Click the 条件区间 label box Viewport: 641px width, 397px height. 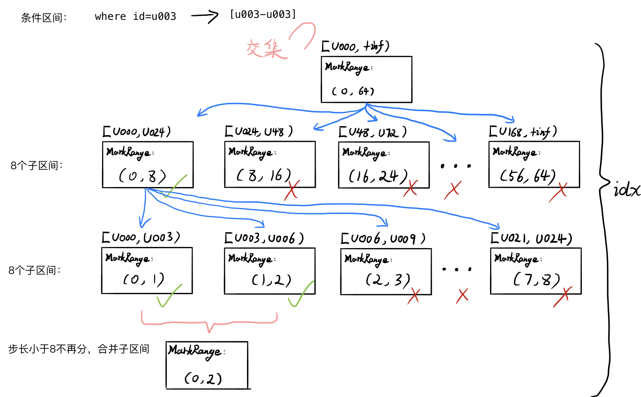click(47, 18)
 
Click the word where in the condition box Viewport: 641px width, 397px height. click(110, 16)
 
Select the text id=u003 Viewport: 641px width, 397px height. click(154, 16)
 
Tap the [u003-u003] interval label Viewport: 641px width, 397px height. click(263, 14)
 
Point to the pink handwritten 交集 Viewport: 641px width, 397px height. click(265, 49)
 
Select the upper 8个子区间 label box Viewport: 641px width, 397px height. click(40, 166)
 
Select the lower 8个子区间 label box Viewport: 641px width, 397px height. click(37, 270)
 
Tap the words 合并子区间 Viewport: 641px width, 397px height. click(124, 349)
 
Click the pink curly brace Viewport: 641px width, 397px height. click(209, 322)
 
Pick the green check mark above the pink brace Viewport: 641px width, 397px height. click(169, 296)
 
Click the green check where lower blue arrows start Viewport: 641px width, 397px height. click(174, 186)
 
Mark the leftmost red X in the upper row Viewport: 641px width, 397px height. click(292, 190)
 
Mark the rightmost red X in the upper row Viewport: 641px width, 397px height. click(558, 192)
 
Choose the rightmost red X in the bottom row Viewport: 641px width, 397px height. click(562, 297)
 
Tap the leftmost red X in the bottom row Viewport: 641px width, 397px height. click(414, 296)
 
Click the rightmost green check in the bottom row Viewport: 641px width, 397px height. click(301, 294)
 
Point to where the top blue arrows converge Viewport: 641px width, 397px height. click(366, 105)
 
